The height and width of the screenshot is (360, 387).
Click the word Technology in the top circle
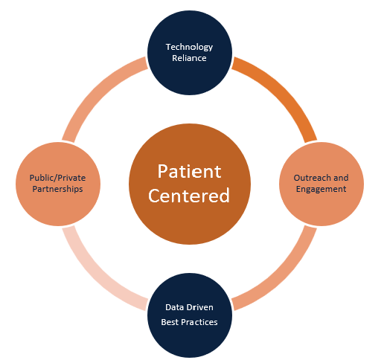[x=189, y=47]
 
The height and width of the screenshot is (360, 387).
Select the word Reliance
[x=189, y=58]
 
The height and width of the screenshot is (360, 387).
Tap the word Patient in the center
[x=189, y=171]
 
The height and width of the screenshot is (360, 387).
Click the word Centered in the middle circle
[x=189, y=196]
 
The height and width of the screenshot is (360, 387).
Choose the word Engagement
[x=321, y=189]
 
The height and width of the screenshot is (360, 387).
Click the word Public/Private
[x=57, y=178]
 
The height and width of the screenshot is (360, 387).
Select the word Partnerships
[x=57, y=189]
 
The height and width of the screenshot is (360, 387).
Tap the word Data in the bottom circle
[x=173, y=307]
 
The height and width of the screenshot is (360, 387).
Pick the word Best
[x=169, y=322]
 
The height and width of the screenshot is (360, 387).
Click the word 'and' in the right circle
[x=341, y=178]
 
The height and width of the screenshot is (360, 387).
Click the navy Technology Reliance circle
[x=190, y=74]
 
